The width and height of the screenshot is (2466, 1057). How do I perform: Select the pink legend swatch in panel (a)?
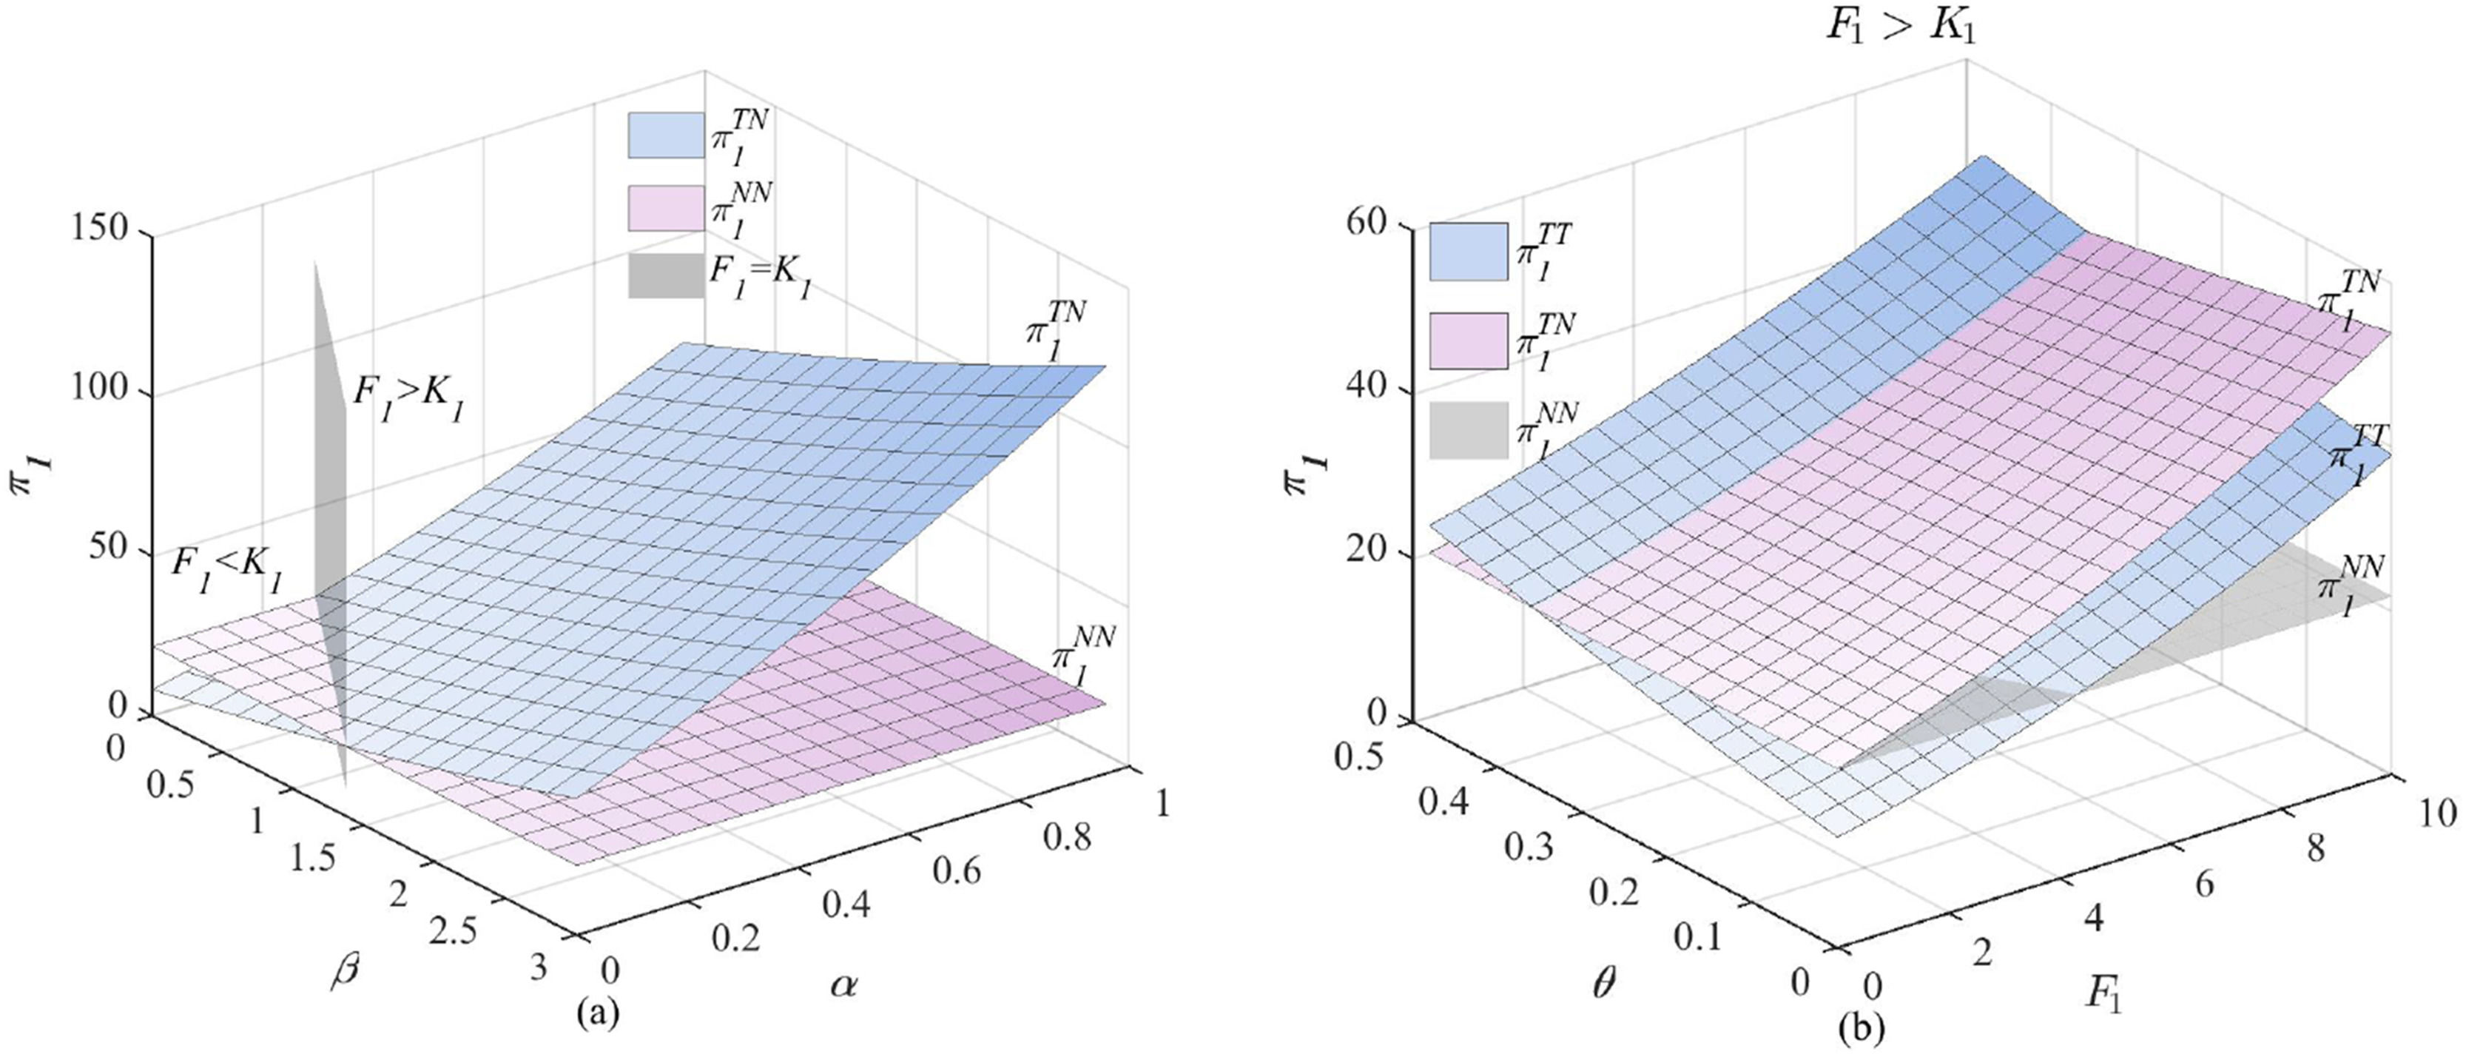coord(665,208)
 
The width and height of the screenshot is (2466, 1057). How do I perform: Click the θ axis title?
coord(1603,983)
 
